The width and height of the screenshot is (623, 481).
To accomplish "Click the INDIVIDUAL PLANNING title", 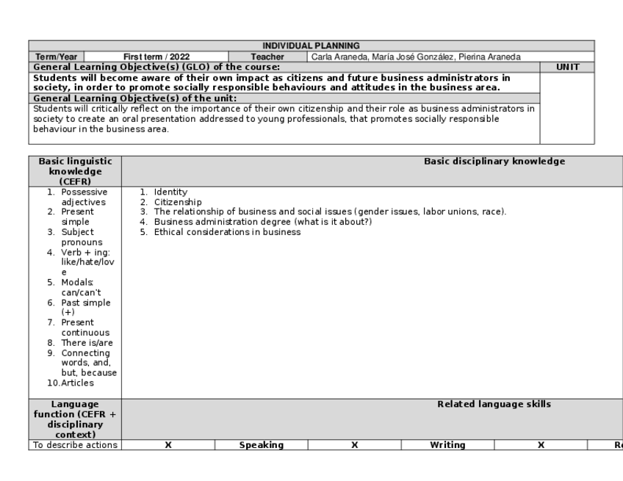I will (x=311, y=46).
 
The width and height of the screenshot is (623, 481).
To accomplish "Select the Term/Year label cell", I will (x=57, y=56).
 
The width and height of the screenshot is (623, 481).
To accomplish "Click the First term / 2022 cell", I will (x=156, y=56).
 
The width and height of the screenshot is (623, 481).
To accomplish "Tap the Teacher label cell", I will (x=267, y=56).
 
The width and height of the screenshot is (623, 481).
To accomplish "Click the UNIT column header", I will (x=567, y=67).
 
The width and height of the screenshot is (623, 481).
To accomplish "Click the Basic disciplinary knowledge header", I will (x=494, y=162).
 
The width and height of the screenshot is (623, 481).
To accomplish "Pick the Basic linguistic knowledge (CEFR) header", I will (x=75, y=171).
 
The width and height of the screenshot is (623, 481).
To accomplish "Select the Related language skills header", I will (x=494, y=404).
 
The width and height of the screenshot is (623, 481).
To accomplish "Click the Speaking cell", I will (x=261, y=445).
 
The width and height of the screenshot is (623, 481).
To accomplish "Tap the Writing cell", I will (x=447, y=445).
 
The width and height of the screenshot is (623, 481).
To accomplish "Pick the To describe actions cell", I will (x=75, y=445).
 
